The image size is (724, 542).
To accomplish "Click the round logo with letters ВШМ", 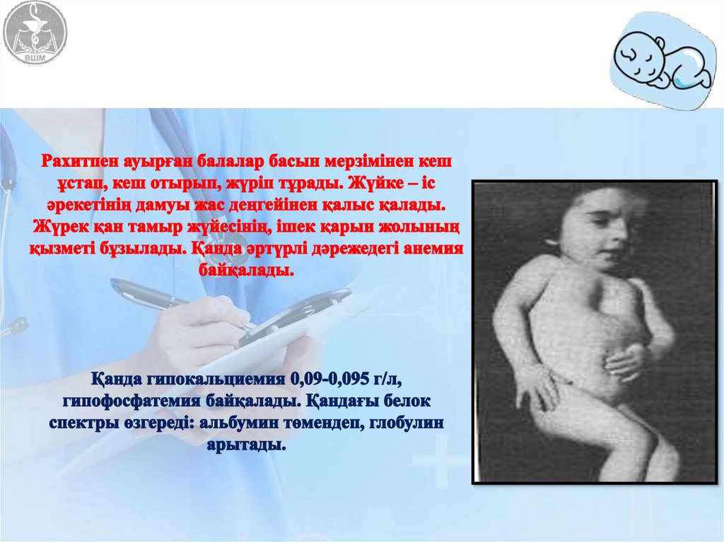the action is click(x=35, y=33).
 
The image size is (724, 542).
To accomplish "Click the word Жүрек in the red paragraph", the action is click(x=55, y=226).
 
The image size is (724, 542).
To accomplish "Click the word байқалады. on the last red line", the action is click(x=247, y=270).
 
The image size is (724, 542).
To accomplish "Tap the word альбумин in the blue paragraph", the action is click(x=237, y=423).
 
